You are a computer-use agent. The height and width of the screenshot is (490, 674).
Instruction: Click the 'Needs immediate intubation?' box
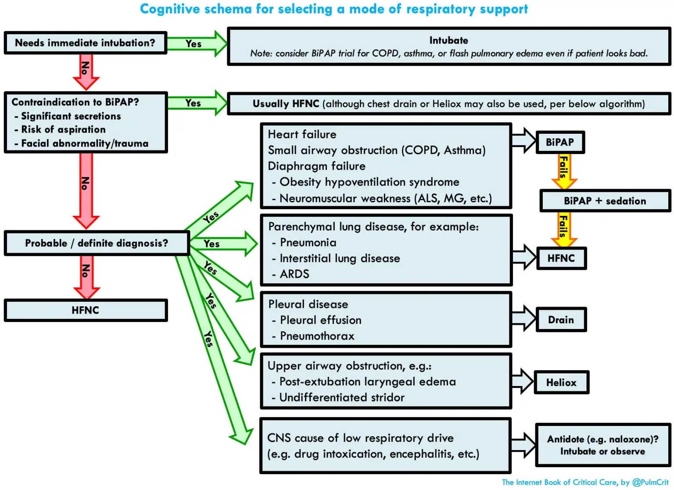pos(85,43)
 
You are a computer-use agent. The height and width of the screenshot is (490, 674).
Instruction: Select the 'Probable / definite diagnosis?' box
pos(97,243)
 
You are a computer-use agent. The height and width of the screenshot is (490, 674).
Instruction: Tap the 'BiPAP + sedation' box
pos(605,201)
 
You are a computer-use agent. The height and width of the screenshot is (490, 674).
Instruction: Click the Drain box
pos(561,320)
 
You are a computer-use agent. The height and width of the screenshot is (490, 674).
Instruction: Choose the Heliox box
pos(561,383)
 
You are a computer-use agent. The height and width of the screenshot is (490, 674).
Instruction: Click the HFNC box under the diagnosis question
pos(86,310)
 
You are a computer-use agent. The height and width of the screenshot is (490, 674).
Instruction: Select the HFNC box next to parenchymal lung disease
pos(561,258)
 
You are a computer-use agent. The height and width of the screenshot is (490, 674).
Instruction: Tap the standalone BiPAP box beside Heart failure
pos(559,142)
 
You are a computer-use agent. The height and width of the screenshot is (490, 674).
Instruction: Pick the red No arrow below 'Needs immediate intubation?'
pos(86,70)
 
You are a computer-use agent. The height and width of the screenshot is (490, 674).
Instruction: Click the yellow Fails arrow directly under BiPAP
pos(564,170)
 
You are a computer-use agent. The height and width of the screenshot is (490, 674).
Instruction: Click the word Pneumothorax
pos(317,336)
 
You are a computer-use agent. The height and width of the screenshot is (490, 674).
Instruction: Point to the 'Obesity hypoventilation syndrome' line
pos(369,182)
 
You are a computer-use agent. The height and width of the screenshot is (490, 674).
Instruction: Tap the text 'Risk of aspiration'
pos(63,129)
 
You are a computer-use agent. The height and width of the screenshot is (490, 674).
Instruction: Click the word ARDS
pos(294,274)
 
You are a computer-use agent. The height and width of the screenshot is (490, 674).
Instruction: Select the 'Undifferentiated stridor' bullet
pos(342,397)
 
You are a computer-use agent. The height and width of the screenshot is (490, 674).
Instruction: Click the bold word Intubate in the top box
pos(448,40)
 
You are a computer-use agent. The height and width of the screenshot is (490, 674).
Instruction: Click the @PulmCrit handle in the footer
pos(650,482)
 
